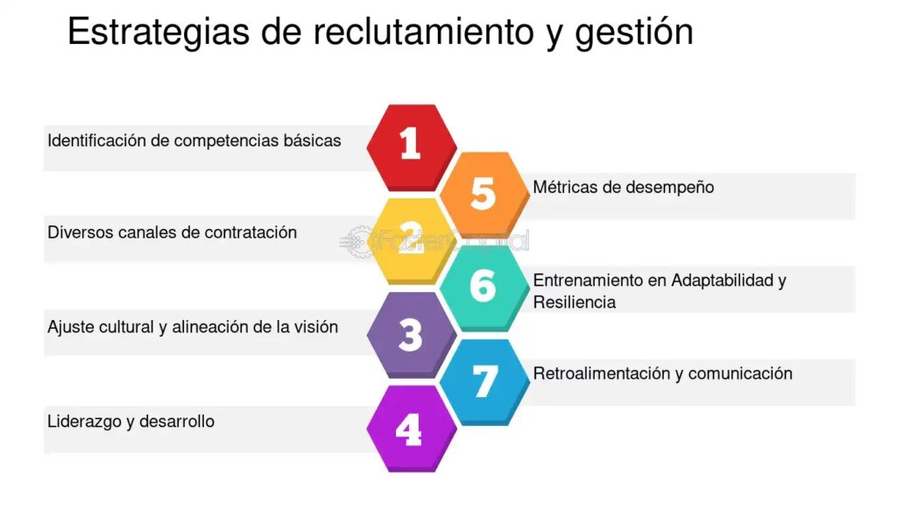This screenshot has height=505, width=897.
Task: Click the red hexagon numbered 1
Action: point(412,147)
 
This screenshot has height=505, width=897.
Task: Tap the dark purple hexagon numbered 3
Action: point(412,334)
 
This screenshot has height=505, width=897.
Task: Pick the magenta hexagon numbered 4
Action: point(412,428)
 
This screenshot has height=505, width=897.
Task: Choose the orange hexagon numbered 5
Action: point(484,194)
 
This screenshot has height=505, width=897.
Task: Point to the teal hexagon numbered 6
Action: point(484,288)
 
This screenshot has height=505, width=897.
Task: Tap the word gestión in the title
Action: point(634,32)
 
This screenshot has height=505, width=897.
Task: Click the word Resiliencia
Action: point(575,302)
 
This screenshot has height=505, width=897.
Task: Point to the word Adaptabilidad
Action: point(722,281)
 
